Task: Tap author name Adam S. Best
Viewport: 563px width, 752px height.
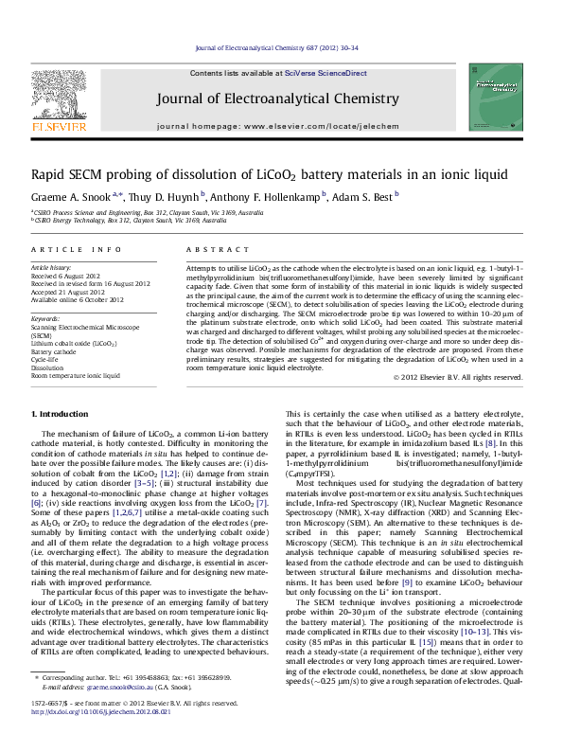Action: coord(367,196)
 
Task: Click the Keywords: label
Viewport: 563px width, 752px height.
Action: coord(46,320)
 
